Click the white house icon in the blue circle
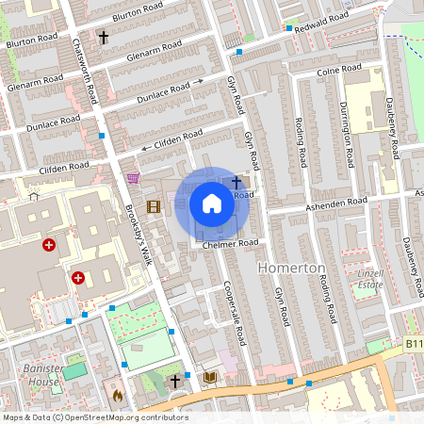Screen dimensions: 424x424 point(212,204)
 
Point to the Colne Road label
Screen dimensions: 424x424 point(339,70)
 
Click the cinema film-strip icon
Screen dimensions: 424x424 point(153,206)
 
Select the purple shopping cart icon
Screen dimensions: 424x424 point(134,177)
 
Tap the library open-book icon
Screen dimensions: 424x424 point(210,378)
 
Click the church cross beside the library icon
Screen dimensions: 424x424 point(175,382)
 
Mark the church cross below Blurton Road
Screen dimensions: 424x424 point(104,38)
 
